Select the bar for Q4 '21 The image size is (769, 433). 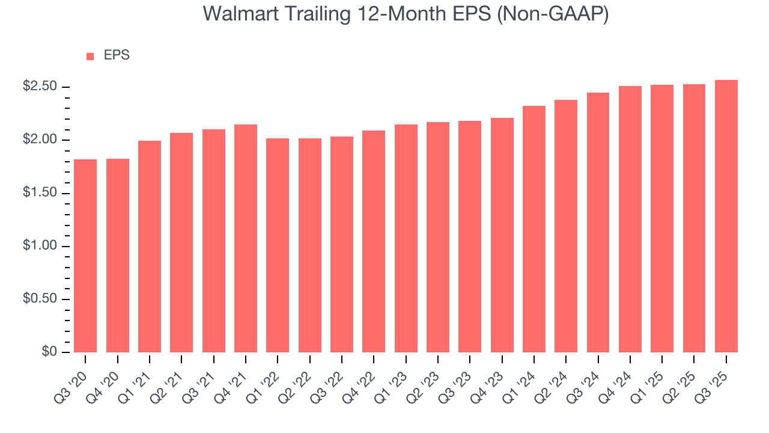(x=246, y=238)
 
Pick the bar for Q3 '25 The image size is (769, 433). (x=726, y=216)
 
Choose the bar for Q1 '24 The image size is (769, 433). (x=534, y=229)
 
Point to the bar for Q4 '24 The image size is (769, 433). (x=630, y=219)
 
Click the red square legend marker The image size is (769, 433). (x=90, y=56)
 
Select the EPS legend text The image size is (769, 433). (x=117, y=55)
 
